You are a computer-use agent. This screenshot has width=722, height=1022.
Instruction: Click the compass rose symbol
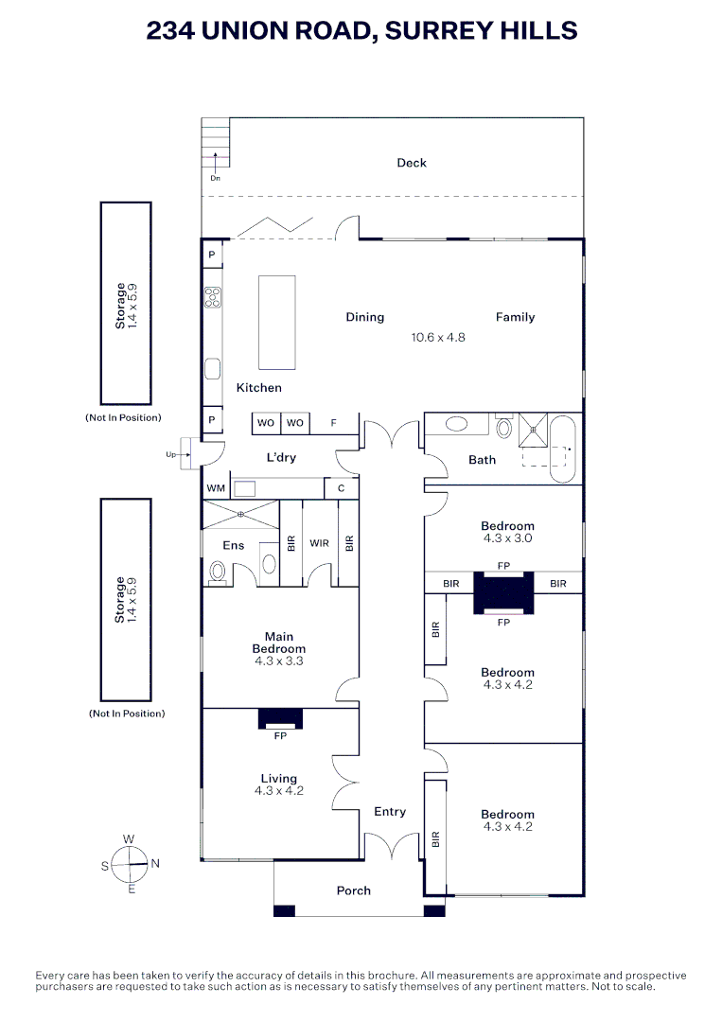[x=131, y=863]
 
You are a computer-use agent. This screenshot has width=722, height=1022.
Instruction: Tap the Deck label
[x=412, y=163]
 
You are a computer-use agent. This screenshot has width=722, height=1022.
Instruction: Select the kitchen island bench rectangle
[x=277, y=322]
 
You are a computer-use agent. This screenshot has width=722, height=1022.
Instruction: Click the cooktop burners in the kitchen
[x=212, y=298]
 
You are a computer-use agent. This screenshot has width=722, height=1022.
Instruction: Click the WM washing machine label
[x=216, y=488]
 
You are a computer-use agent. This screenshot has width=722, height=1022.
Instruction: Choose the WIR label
[x=319, y=544]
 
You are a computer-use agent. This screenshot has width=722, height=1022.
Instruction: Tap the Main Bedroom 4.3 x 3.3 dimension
[x=279, y=662]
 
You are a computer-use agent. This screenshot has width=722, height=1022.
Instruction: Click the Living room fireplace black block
[x=280, y=718]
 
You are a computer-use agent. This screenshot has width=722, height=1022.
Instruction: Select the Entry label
[x=390, y=812]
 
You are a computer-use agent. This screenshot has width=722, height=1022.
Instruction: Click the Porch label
[x=354, y=890]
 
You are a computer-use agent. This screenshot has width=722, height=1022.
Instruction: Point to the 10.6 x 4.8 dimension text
[x=438, y=337]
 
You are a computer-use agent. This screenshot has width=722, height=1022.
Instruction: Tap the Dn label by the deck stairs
[x=215, y=178]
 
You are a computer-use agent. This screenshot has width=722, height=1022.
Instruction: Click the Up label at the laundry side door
[x=171, y=455]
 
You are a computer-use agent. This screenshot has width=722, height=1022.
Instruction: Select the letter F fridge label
[x=333, y=423]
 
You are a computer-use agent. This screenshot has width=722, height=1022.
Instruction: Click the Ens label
[x=233, y=545]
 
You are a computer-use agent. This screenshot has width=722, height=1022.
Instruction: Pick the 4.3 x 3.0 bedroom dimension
[x=507, y=537]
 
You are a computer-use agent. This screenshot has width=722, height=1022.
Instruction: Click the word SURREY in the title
[x=448, y=30]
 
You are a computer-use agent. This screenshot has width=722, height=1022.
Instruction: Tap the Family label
[x=515, y=317]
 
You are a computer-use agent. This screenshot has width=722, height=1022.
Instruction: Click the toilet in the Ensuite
[x=219, y=571]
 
